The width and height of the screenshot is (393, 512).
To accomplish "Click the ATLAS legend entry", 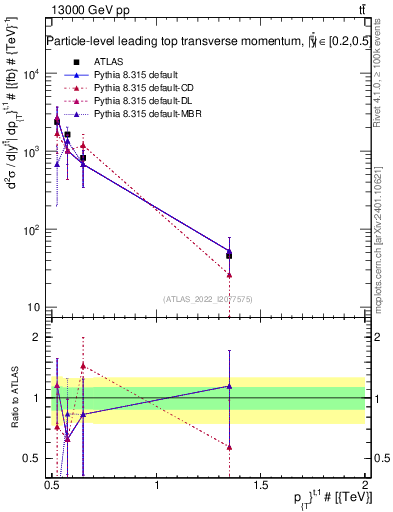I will pyautogui.click(x=107, y=62).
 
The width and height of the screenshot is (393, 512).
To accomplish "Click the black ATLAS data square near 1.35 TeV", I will pyautogui.click(x=230, y=255).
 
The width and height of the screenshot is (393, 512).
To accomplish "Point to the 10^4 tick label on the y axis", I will pyautogui.click(x=30, y=75).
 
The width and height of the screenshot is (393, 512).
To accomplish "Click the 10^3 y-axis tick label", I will pyautogui.click(x=30, y=152).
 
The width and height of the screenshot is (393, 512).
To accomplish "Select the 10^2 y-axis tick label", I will pyautogui.click(x=30, y=230).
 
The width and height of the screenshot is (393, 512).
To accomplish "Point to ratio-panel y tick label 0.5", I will pyautogui.click(x=34, y=459).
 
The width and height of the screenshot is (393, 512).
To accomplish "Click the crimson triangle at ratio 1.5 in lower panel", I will pyautogui.click(x=83, y=367).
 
